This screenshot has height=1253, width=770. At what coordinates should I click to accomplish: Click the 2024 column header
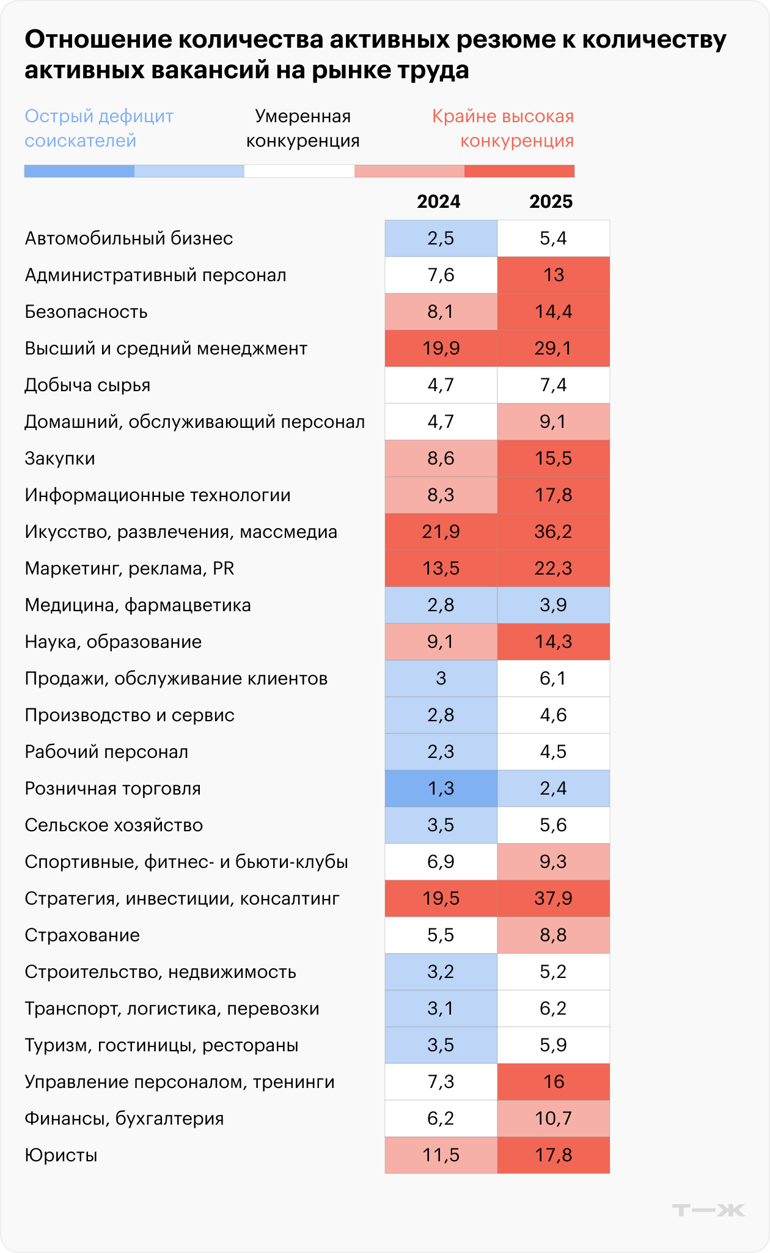tap(438, 202)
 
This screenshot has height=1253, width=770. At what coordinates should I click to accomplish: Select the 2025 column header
tap(551, 202)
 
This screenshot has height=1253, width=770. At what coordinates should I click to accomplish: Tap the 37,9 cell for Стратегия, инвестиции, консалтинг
tap(553, 898)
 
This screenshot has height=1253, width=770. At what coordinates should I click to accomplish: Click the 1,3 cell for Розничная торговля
tap(441, 788)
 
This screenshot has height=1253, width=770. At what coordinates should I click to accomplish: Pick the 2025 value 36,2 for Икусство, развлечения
tap(553, 532)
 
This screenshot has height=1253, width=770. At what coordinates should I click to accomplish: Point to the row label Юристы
tap(61, 1155)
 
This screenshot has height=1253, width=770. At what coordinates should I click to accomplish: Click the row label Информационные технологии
tap(158, 495)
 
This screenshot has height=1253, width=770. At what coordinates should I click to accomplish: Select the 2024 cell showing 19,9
tap(441, 348)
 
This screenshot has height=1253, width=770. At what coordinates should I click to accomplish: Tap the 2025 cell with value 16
tap(553, 1082)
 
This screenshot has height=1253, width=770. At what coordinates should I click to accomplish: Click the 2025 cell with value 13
tap(553, 275)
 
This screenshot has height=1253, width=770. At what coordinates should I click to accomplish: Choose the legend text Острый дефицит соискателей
tap(99, 128)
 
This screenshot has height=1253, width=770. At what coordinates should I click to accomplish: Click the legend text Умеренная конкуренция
tap(302, 128)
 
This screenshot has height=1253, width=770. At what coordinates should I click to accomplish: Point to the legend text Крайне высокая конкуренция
tap(503, 128)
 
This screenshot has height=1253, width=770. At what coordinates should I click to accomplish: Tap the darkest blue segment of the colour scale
tap(79, 171)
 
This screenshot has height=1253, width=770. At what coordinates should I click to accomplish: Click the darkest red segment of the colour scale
tap(519, 171)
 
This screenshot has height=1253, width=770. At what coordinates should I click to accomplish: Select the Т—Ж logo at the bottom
tap(708, 1210)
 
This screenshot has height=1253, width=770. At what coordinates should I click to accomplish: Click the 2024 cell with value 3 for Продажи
tap(441, 678)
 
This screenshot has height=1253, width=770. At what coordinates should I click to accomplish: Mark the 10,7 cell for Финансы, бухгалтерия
tap(553, 1119)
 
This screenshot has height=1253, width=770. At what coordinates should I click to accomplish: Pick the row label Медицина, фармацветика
tap(137, 605)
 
